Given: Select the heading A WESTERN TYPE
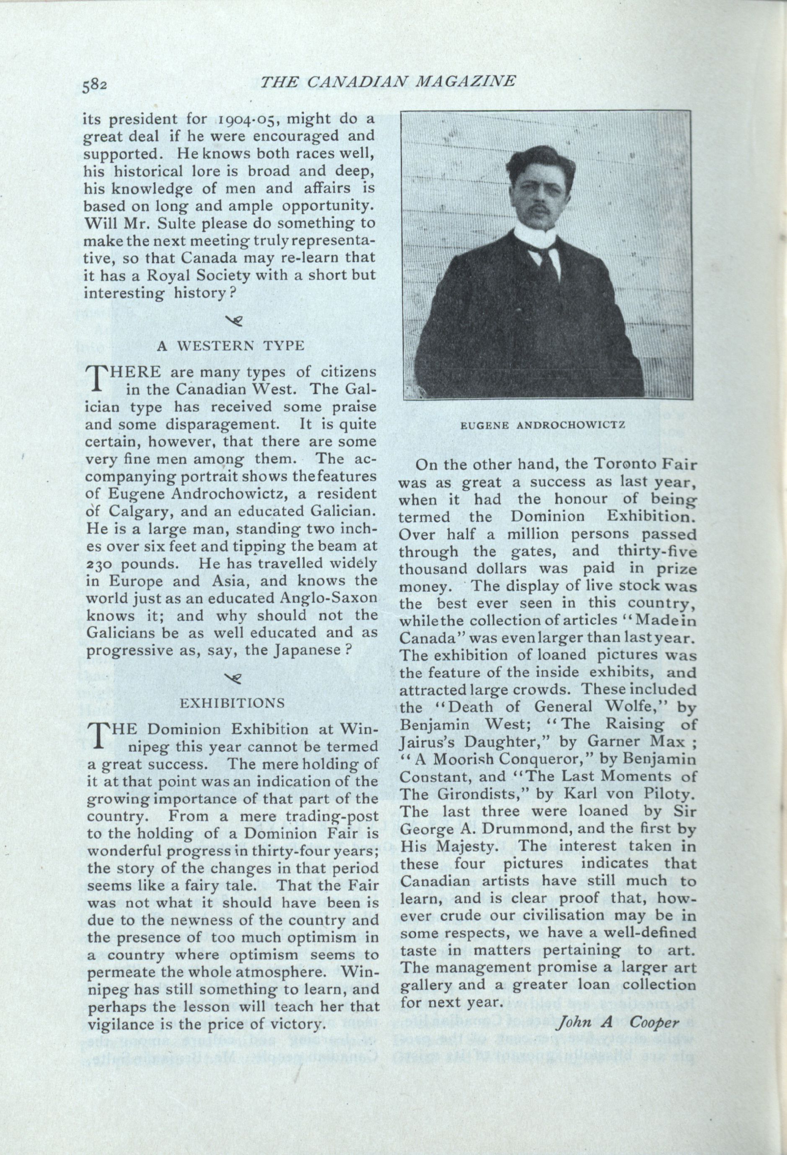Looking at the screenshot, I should (230, 346).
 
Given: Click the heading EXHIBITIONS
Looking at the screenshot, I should (232, 703).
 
